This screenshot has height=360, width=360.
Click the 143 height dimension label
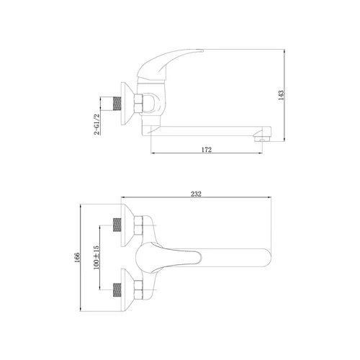tap(282, 95)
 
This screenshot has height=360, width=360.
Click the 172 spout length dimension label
tap(207, 150)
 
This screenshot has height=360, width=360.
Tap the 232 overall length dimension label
tap(196, 194)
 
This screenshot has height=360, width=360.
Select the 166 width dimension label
tap(77, 258)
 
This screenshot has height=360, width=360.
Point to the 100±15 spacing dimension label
tap(96, 258)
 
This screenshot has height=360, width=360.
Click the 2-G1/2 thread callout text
tap(96, 124)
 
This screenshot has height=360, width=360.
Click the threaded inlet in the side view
tap(117, 104)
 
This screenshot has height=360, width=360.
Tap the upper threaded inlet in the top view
tap(117, 225)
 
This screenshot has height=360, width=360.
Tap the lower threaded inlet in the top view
tap(117, 290)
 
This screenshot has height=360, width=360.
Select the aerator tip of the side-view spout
tap(261, 138)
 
